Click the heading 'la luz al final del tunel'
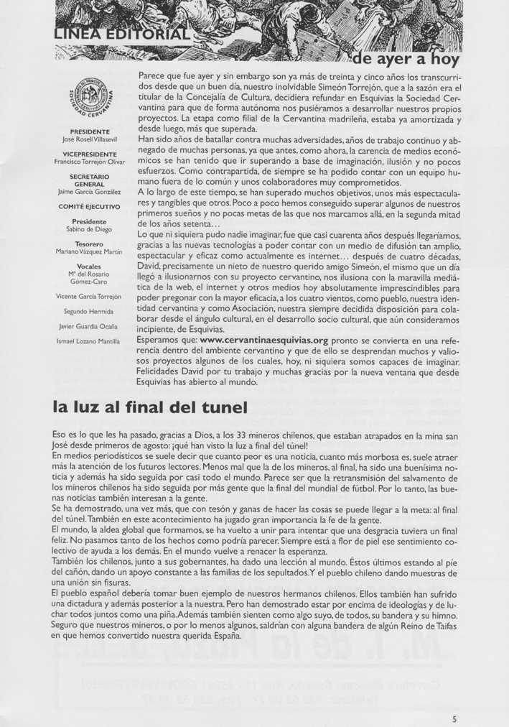(150, 407)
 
